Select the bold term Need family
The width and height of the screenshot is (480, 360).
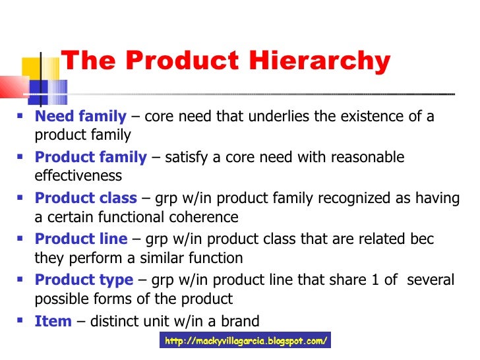tap(80, 117)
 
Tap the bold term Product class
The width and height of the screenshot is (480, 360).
tap(86, 198)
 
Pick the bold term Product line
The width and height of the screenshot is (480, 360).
tap(82, 239)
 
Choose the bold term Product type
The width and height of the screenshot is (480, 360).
tap(84, 280)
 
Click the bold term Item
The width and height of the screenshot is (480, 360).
tap(53, 321)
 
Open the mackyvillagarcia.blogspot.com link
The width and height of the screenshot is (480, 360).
tap(245, 341)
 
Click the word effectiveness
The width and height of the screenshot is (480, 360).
tap(78, 176)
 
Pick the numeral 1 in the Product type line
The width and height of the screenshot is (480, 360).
tap(375, 280)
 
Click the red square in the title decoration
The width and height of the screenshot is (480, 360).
tap(12, 86)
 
